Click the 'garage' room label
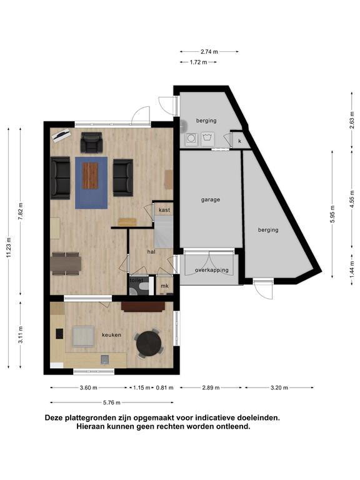(x=210, y=199)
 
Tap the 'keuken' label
(x=111, y=335)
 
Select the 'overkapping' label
(x=212, y=270)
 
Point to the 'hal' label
(x=151, y=252)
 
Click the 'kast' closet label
(x=164, y=210)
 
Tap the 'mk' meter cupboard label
(x=165, y=286)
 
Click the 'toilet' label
(x=136, y=281)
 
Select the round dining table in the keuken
(x=149, y=343)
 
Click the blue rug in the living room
(x=91, y=182)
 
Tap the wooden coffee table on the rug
(x=90, y=176)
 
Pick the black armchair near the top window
(x=91, y=142)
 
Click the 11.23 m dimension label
(x=9, y=247)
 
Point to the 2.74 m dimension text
(x=209, y=52)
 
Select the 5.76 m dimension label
(x=112, y=402)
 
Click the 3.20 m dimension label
(x=279, y=388)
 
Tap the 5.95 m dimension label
(x=332, y=214)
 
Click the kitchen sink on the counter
(x=105, y=359)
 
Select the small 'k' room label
(x=240, y=141)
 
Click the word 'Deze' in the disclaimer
(x=54, y=417)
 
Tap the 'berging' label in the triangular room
(x=268, y=230)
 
